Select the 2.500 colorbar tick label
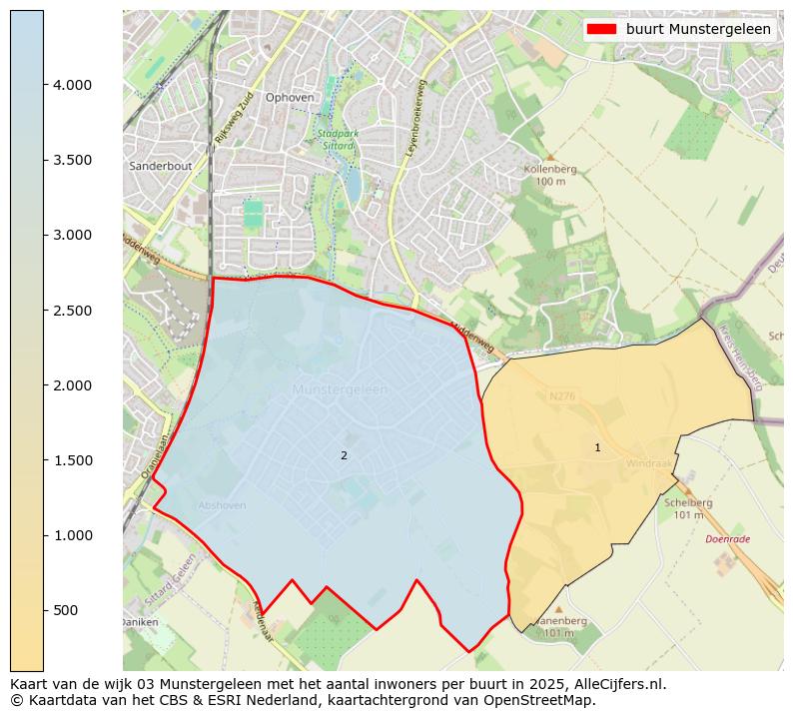click(x=72, y=311)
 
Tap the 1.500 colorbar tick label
click(x=72, y=460)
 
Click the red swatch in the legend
click(x=602, y=29)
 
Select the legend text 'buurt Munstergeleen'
click(x=698, y=29)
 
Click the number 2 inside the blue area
click(x=344, y=455)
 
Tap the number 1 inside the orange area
click(x=597, y=447)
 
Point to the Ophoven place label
click(x=290, y=97)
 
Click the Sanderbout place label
click(x=160, y=166)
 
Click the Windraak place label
click(x=647, y=464)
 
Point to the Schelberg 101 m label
click(x=687, y=508)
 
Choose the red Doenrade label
click(x=727, y=539)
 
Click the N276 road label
click(x=563, y=396)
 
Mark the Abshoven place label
click(x=222, y=505)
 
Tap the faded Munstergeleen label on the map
click(x=340, y=389)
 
